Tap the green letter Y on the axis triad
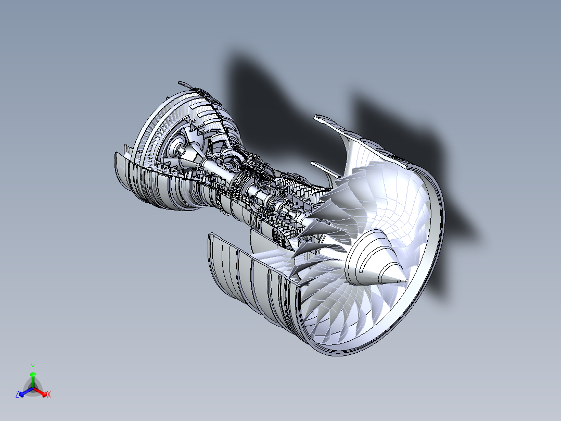[x=33, y=366]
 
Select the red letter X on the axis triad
[x=49, y=395]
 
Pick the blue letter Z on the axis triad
[x=17, y=395]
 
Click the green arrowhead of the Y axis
[x=33, y=375]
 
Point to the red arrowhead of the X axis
[x=44, y=393]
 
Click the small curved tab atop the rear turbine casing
[x=184, y=84]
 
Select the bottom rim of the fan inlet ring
[x=343, y=352]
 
